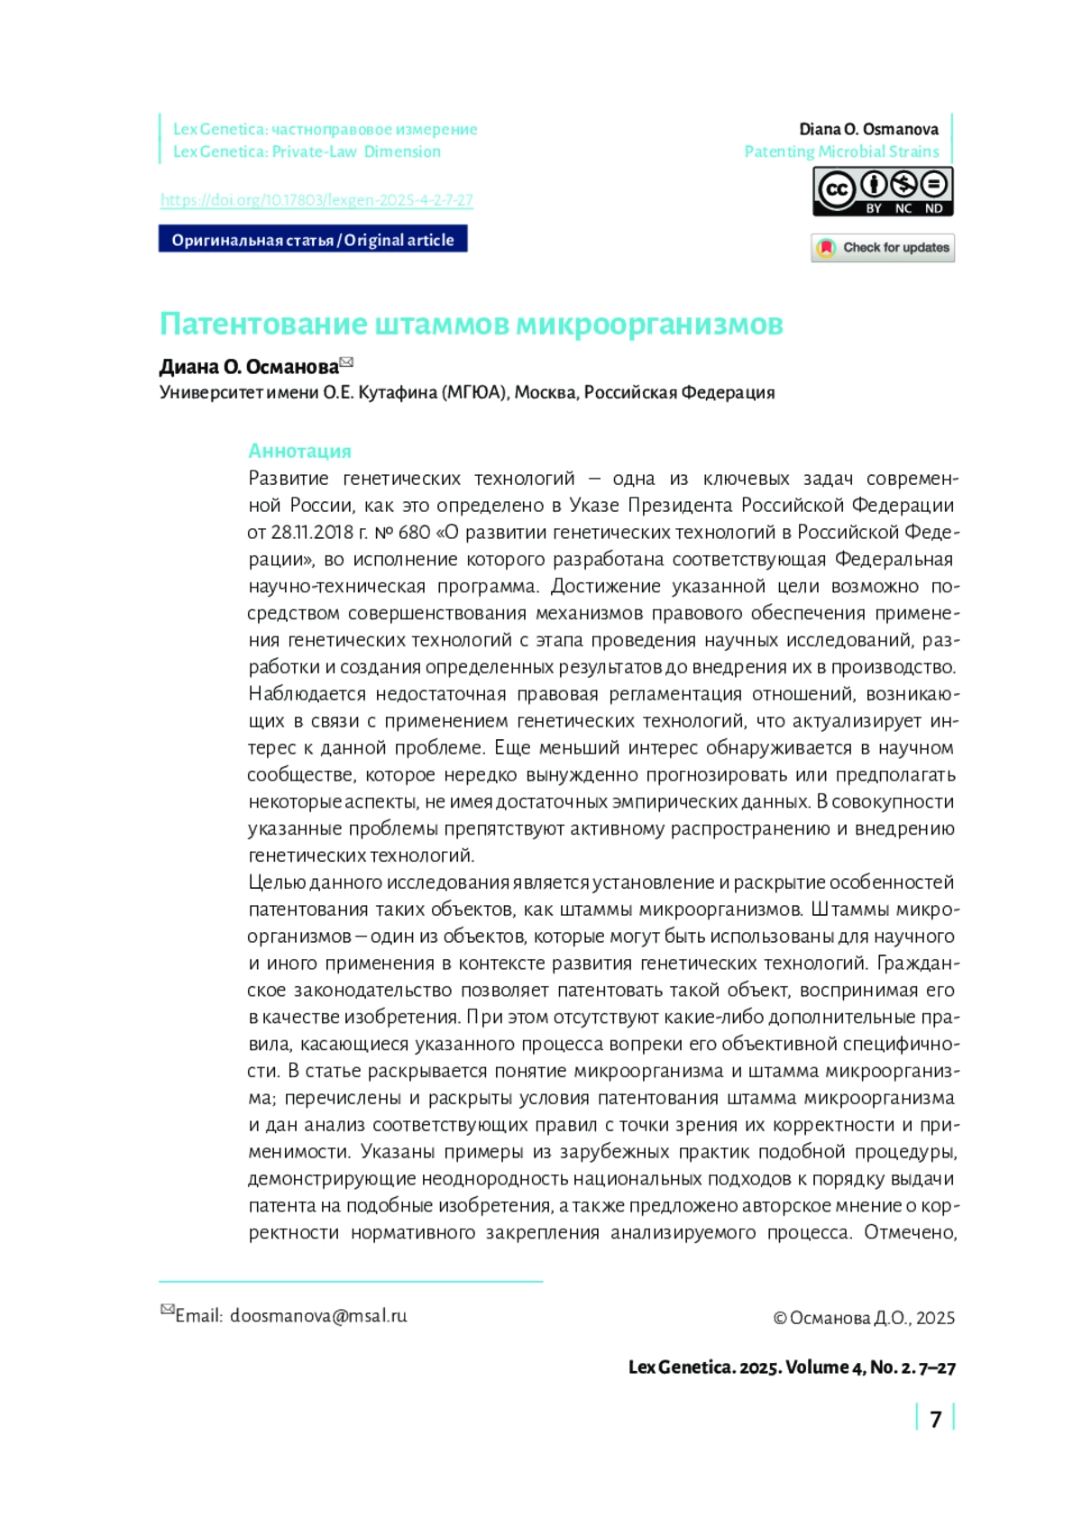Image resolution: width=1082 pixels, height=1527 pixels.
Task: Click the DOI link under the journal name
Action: (316, 200)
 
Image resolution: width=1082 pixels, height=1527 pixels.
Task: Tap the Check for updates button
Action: (883, 248)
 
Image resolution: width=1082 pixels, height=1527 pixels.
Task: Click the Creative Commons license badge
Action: (883, 192)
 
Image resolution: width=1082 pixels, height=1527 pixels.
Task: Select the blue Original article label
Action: (313, 240)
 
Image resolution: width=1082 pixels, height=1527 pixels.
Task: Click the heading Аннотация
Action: (299, 451)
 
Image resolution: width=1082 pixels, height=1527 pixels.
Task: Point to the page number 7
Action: (935, 1420)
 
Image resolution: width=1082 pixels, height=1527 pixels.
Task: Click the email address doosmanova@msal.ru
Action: (318, 1316)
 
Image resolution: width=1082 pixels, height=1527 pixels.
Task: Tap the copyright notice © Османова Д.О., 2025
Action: (864, 1318)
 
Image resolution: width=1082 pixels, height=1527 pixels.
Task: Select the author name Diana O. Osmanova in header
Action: (868, 129)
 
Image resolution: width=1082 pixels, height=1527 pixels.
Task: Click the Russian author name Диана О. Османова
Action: (249, 367)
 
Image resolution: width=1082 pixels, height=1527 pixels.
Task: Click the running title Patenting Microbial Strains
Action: (841, 151)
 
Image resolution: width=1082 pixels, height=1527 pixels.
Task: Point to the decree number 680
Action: (414, 532)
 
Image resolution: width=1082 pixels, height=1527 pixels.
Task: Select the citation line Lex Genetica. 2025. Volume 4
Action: (792, 1367)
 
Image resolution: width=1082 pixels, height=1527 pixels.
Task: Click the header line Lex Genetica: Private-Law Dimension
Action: (307, 151)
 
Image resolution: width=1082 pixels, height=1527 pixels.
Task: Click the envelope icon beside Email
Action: (167, 1310)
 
